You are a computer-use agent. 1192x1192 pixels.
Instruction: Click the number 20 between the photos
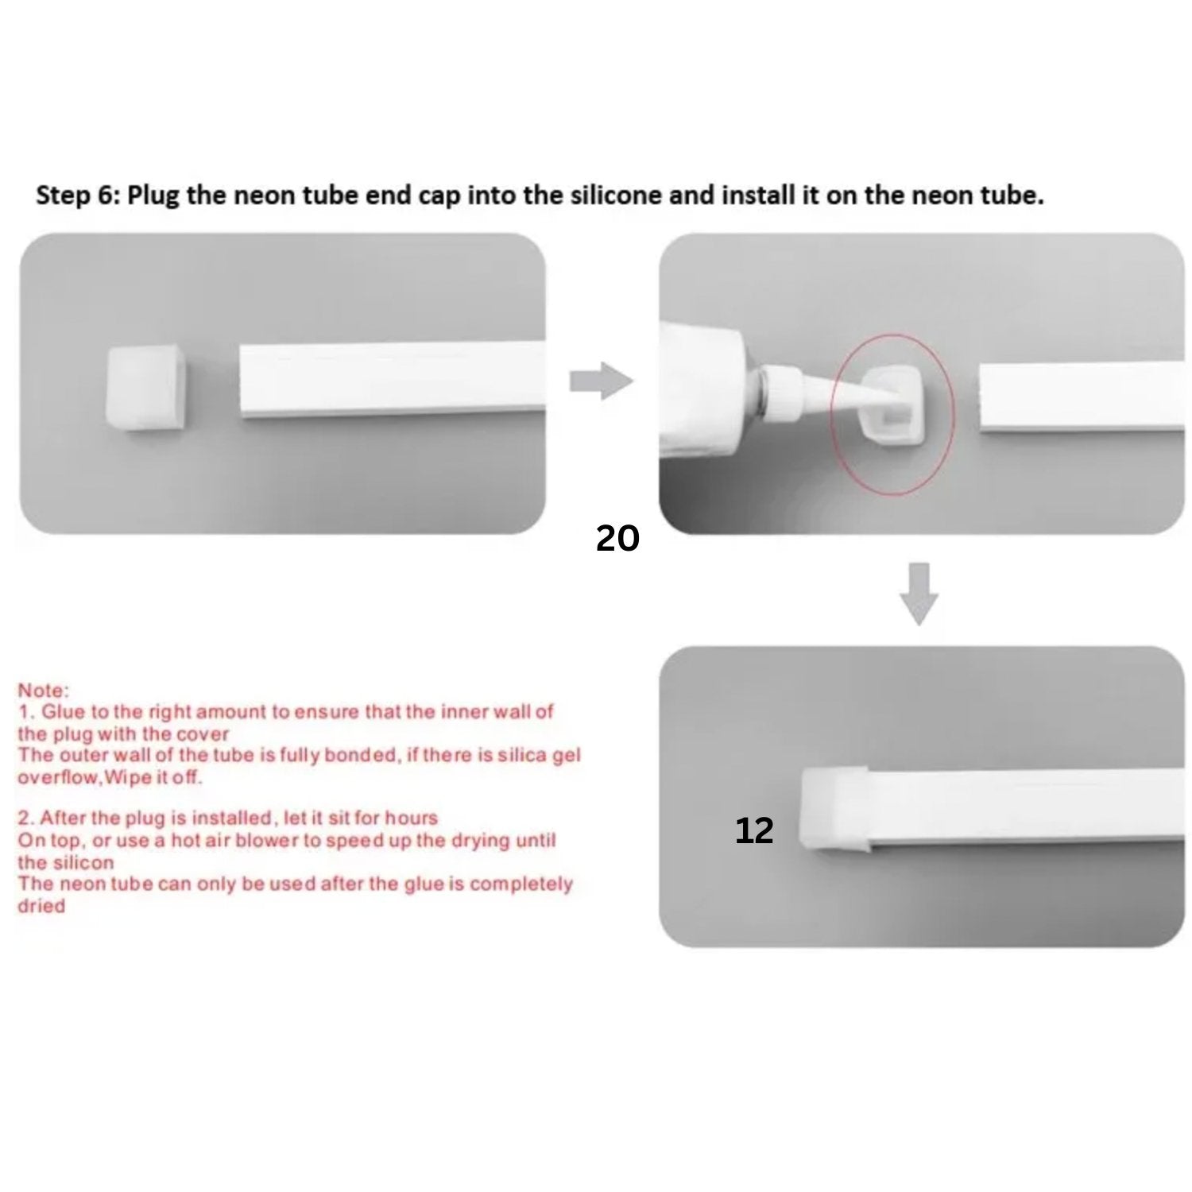click(617, 539)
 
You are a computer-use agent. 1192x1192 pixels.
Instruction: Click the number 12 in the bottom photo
click(753, 830)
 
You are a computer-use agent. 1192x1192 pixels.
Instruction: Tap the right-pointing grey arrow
click(601, 381)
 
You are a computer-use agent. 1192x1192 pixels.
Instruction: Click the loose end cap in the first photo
click(145, 388)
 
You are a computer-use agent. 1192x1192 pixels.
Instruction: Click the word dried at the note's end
click(41, 906)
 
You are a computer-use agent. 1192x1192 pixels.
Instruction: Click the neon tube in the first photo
click(393, 380)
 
